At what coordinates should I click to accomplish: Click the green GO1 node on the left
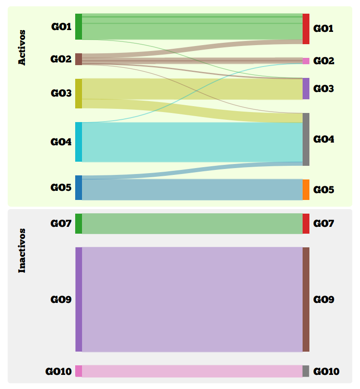(x=78, y=26)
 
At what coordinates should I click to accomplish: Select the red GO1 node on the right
(x=306, y=29)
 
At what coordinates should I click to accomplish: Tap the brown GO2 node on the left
(x=78, y=59)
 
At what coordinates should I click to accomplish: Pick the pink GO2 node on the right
(x=306, y=61)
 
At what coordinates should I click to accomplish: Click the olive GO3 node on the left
(x=78, y=93)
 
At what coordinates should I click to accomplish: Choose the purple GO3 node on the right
(x=306, y=88)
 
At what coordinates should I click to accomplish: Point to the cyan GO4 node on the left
(x=78, y=142)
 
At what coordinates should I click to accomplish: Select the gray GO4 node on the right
(x=306, y=139)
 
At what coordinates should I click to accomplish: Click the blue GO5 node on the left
(x=78, y=188)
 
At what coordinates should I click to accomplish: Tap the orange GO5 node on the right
(x=306, y=189)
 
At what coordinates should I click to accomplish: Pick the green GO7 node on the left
(x=78, y=224)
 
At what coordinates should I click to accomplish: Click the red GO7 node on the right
(x=306, y=224)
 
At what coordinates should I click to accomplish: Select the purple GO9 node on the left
(x=78, y=299)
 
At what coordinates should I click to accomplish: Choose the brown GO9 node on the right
(x=306, y=299)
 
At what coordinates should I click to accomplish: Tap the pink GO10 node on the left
(x=78, y=371)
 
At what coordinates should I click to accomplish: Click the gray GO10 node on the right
(x=306, y=371)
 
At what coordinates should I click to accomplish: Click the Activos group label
(x=22, y=48)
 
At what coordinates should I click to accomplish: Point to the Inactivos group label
(x=22, y=251)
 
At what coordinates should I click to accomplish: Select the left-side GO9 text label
(x=61, y=300)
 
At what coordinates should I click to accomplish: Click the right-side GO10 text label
(x=326, y=372)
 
